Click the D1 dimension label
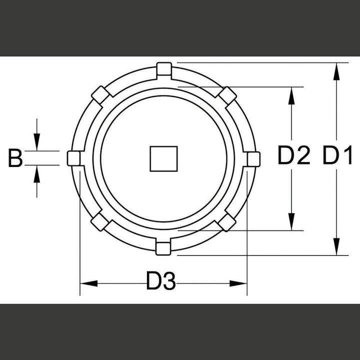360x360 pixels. (337, 157)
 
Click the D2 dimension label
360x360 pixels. (295, 157)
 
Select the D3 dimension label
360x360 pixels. (161, 283)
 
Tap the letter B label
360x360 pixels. (15, 159)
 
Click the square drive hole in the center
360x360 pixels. (163, 158)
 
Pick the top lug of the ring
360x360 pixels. (163, 68)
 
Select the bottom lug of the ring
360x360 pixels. (163, 247)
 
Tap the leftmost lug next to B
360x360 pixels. (74, 158)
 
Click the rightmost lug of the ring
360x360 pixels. (253, 158)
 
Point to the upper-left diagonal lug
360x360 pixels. (100, 94)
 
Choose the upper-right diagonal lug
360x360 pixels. (227, 95)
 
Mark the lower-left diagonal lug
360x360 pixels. (100, 221)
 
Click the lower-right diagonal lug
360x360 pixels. (227, 221)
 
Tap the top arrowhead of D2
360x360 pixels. (290, 95)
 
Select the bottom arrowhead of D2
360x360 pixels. (290, 223)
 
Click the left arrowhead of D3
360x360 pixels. (88, 283)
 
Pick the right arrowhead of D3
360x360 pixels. (239, 283)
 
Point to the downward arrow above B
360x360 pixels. (36, 142)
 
